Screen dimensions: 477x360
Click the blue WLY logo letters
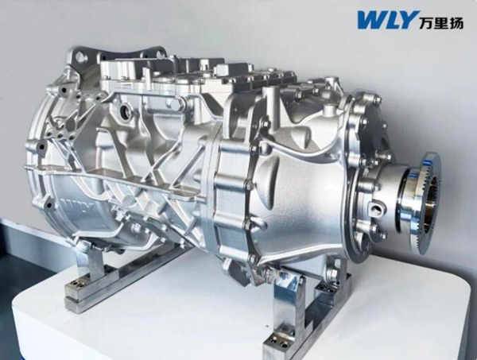pyautogui.click(x=386, y=19)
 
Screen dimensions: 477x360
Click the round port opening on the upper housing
pyautogui.click(x=125, y=110)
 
